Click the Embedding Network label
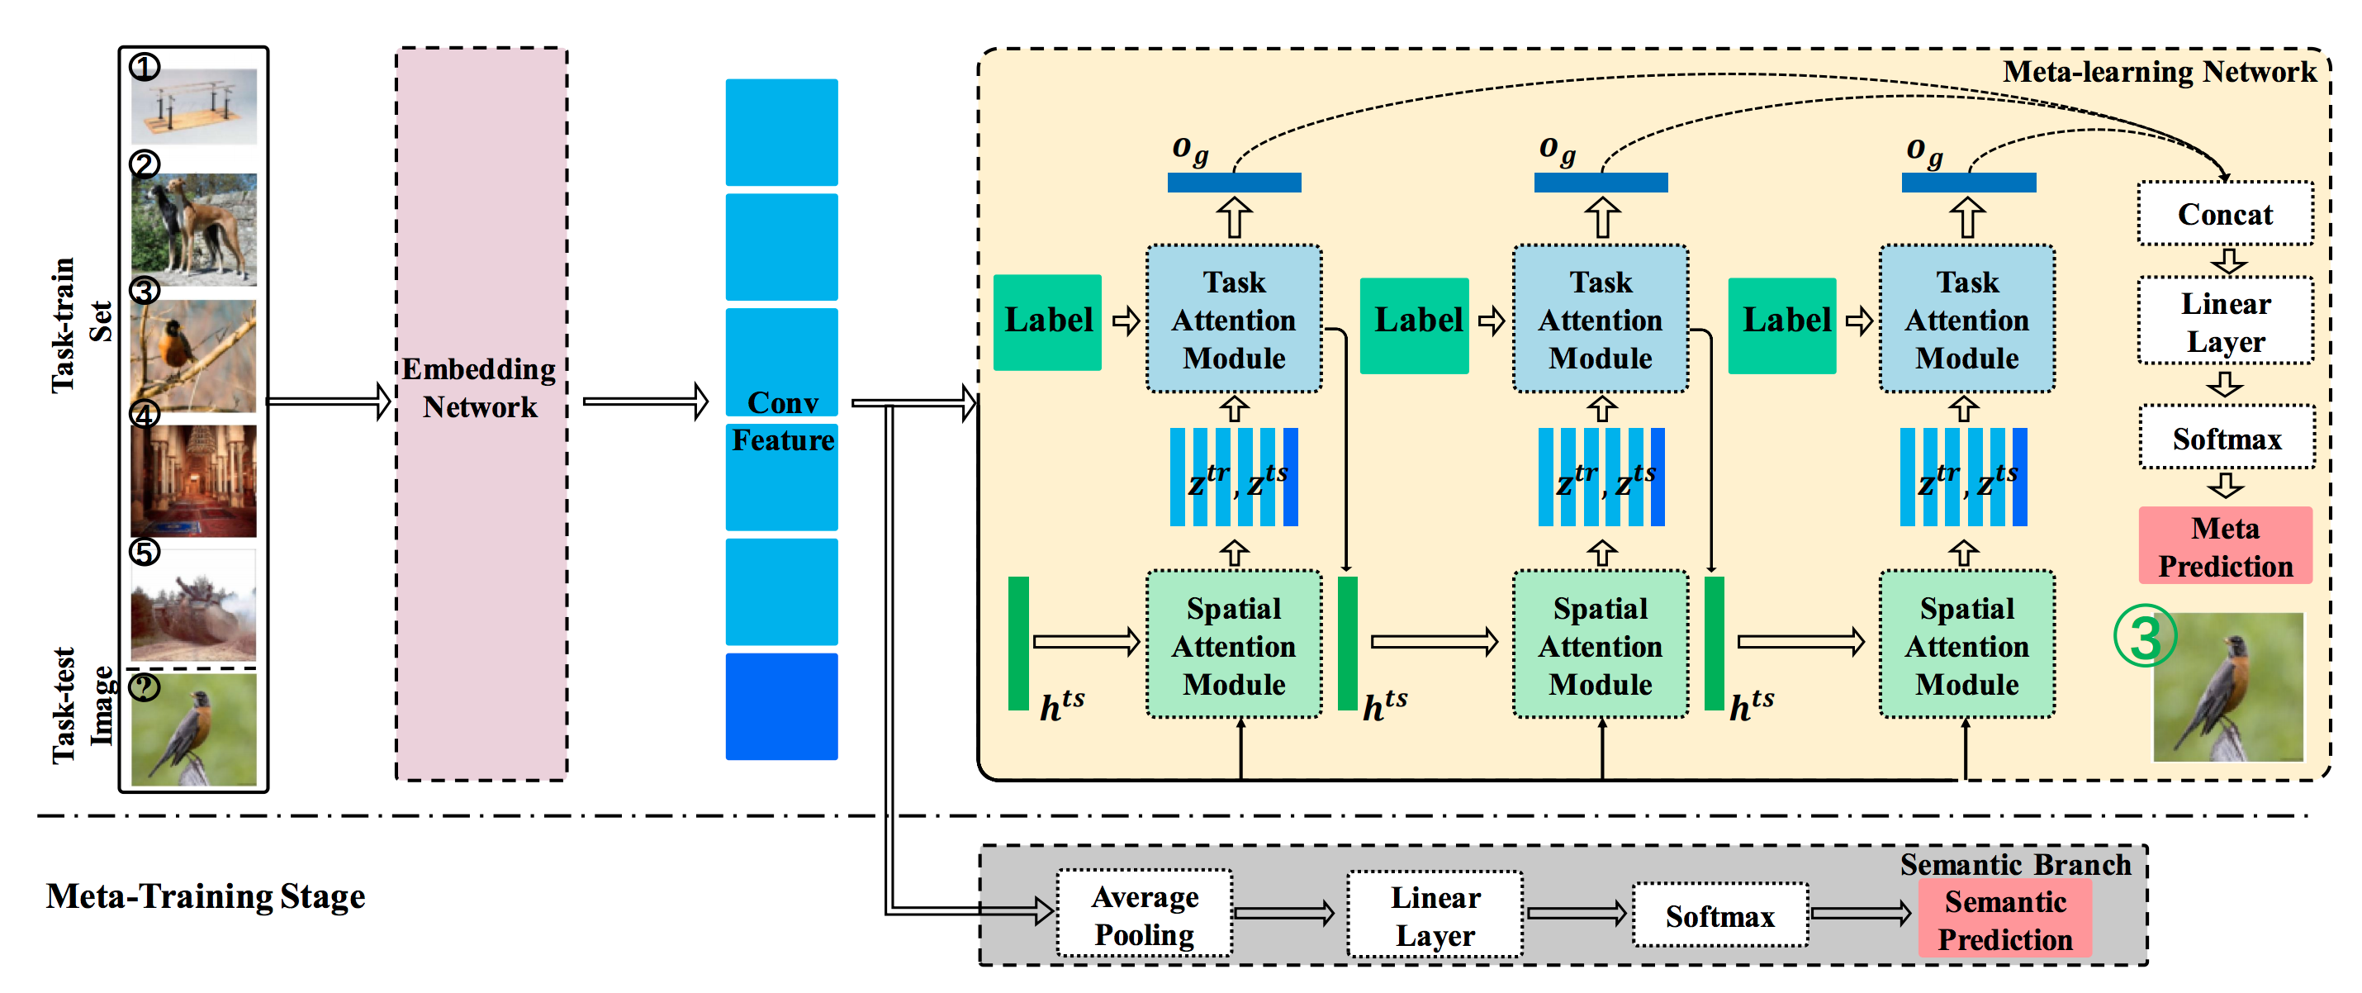click(x=480, y=387)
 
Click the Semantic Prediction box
click(x=2004, y=919)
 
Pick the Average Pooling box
click(x=1145, y=915)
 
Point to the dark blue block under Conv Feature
click(x=781, y=706)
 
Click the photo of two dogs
click(x=193, y=229)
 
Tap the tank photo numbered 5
click(x=193, y=607)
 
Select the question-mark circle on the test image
click(x=144, y=686)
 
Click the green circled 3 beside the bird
click(x=2144, y=636)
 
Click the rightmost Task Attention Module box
click(x=1966, y=319)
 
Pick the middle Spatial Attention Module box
click(x=1600, y=645)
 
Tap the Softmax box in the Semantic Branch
click(x=1719, y=915)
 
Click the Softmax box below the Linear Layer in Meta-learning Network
click(x=2226, y=439)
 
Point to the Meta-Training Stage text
click(x=206, y=896)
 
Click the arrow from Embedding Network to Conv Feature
click(x=646, y=401)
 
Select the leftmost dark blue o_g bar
click(x=1233, y=183)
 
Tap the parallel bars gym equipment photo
click(x=193, y=107)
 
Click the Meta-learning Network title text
click(x=2159, y=72)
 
